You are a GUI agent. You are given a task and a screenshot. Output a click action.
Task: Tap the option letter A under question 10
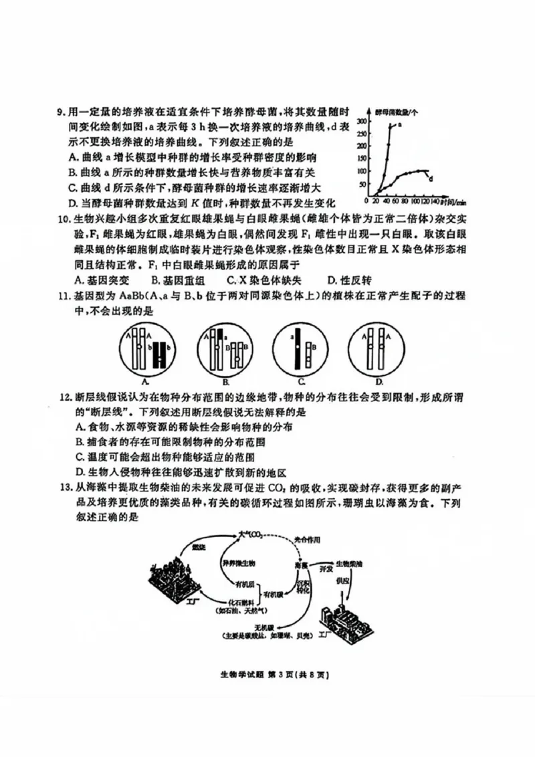point(80,280)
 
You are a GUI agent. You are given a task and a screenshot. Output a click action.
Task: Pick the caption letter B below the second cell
point(226,382)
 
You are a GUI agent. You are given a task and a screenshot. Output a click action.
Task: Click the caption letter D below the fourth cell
point(379,382)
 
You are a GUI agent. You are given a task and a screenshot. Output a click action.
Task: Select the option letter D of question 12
point(80,471)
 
